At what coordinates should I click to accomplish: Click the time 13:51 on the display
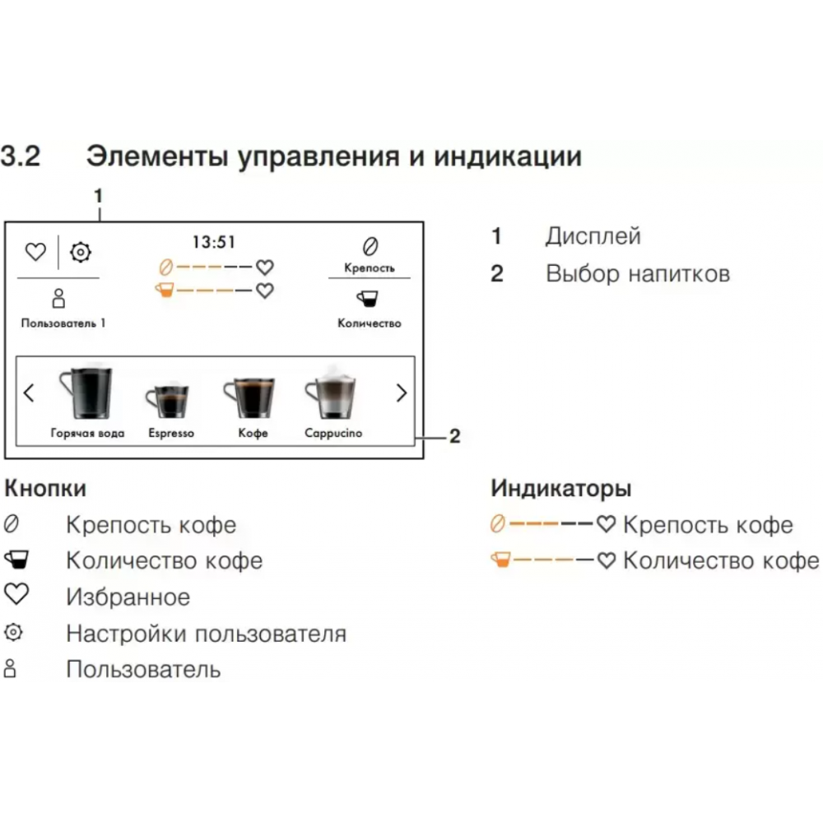coord(214,242)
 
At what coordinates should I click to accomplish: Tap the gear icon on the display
coord(81,253)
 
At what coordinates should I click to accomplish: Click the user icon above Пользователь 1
coord(58,298)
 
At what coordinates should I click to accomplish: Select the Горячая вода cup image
coord(87,392)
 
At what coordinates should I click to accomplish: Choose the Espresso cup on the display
coord(167,399)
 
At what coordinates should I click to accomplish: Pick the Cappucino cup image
coord(331,393)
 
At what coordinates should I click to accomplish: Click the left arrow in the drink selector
coord(29,393)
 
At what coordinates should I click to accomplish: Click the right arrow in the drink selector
coord(402,393)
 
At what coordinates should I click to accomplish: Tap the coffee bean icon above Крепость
coord(370,246)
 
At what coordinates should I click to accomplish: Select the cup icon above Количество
coord(368,299)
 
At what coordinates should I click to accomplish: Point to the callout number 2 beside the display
coord(454,436)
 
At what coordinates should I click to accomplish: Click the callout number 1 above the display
coord(98,197)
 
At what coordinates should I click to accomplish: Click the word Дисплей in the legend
coord(593,236)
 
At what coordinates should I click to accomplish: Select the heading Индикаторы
coord(561,489)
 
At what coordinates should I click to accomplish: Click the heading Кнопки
coord(45,489)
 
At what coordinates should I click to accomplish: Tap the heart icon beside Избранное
coord(16,594)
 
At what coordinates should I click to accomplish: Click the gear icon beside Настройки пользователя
coord(14,632)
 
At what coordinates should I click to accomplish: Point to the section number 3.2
coord(20,156)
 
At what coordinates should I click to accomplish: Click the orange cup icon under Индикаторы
coord(500,560)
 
